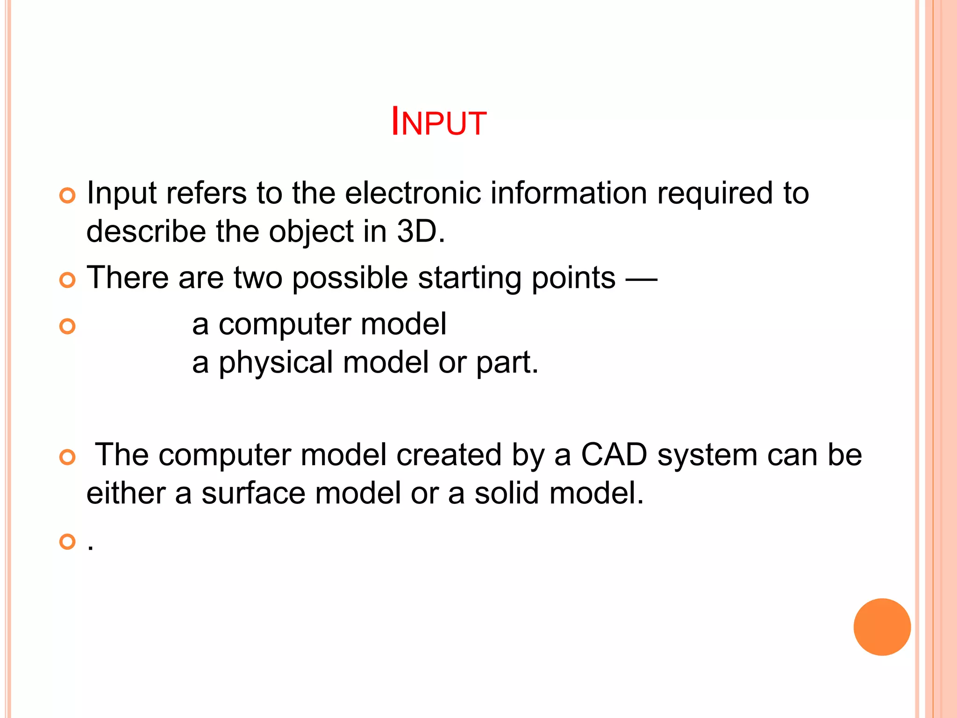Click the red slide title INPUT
[x=439, y=122]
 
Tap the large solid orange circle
[x=882, y=627]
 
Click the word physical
[x=276, y=362]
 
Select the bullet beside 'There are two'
[x=68, y=280]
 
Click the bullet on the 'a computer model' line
[x=68, y=326]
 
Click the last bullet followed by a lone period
[x=68, y=542]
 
